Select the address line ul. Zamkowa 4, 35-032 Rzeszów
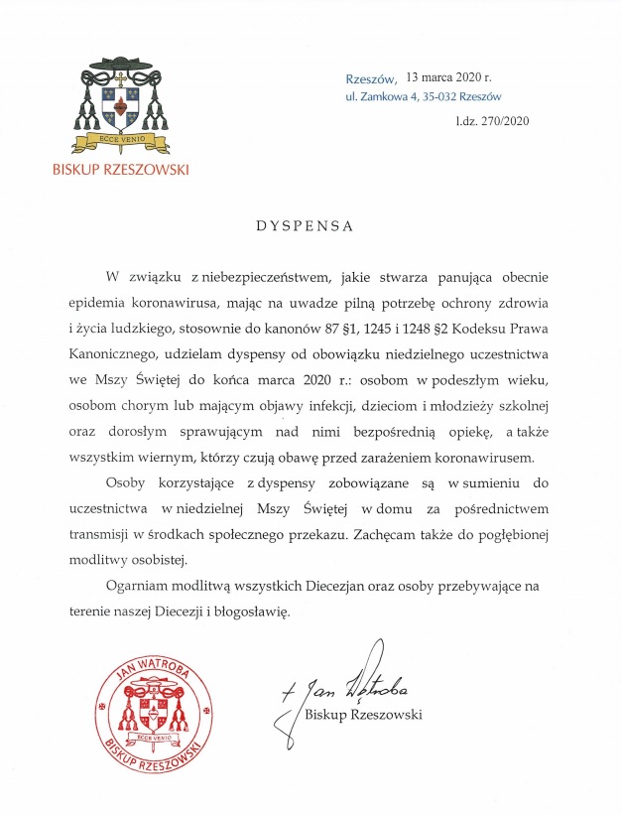click(423, 96)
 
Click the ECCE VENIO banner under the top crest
click(121, 141)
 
